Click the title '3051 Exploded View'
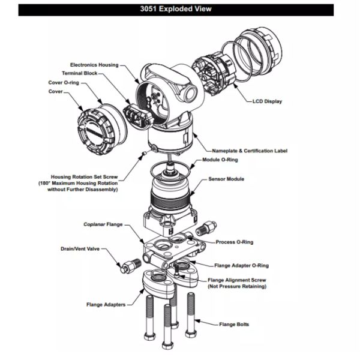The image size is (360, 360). (180, 10)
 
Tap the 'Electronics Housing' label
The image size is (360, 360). (94, 64)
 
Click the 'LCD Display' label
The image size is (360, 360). (267, 101)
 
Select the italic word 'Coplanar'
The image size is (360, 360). (94, 224)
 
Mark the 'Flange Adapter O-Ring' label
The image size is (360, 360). (242, 265)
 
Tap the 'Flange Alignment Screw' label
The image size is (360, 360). (238, 280)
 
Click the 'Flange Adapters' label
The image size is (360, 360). (105, 305)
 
